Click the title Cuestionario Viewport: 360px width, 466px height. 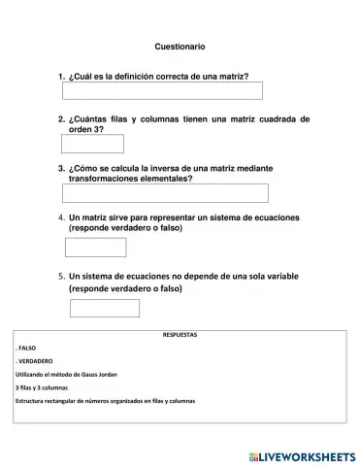[180, 47]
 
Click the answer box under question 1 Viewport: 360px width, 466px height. [162, 91]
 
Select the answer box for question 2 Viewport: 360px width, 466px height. [92, 144]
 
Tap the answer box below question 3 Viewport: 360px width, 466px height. [164, 192]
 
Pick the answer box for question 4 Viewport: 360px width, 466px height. [95, 247]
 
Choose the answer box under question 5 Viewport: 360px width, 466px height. [105, 308]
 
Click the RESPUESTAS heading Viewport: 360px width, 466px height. [180, 335]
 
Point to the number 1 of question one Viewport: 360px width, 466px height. [62, 76]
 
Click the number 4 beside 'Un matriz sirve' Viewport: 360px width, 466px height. [61, 216]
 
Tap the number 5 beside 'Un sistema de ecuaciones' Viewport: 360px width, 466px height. [61, 276]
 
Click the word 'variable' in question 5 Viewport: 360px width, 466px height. [275, 276]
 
